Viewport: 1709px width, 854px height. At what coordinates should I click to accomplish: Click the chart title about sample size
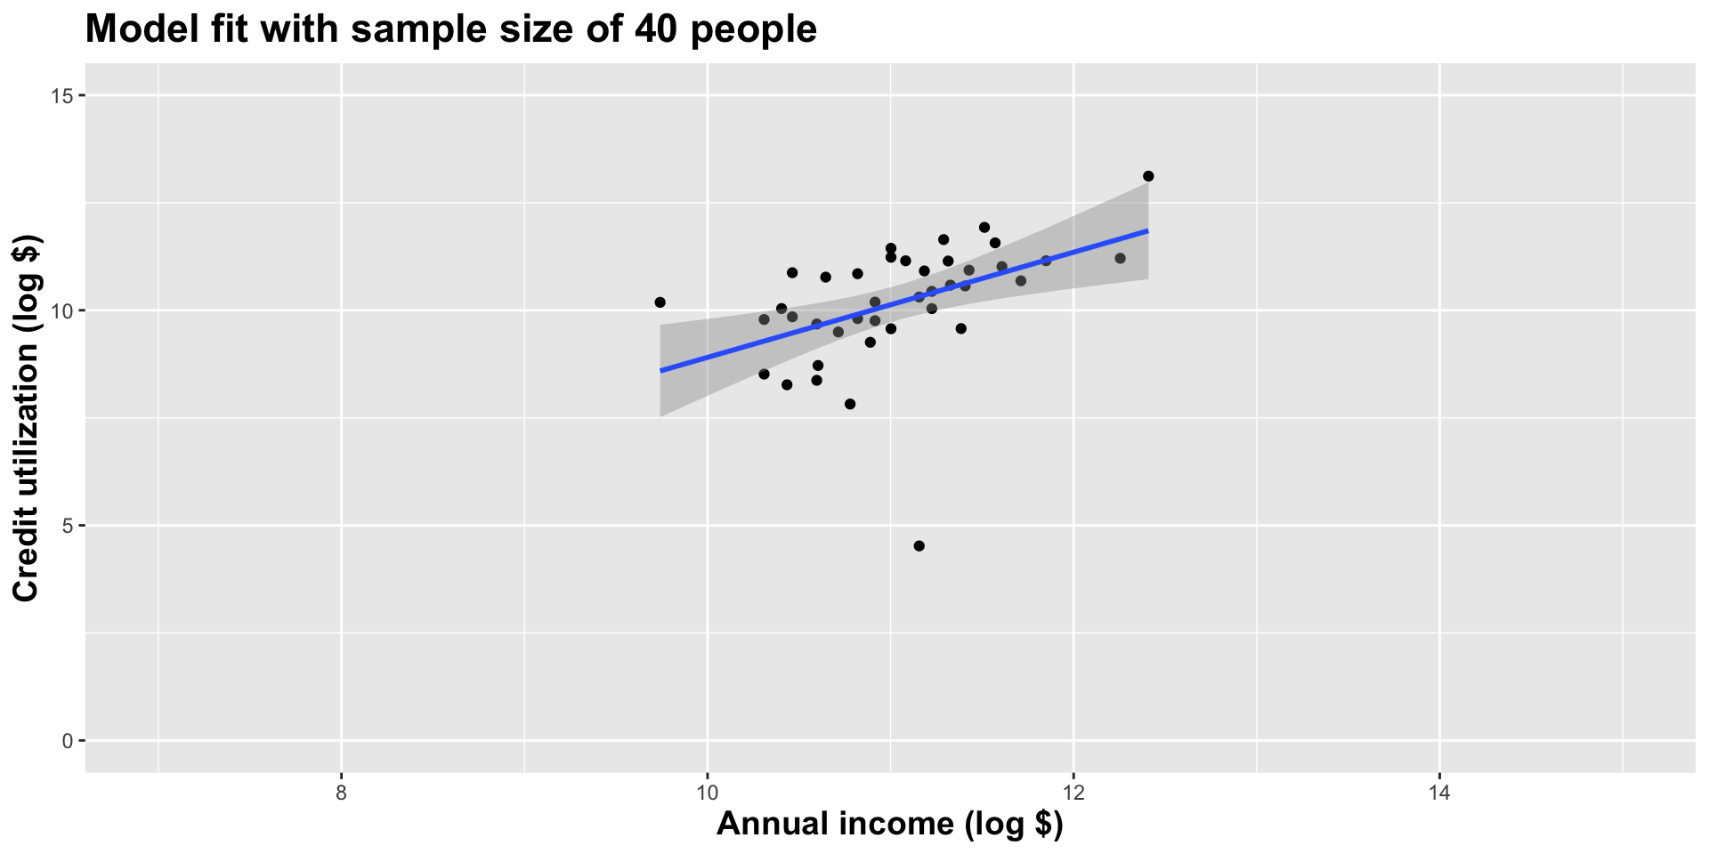450,30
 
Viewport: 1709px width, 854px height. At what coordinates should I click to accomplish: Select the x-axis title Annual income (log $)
889,825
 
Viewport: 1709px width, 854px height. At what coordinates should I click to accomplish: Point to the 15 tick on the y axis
63,96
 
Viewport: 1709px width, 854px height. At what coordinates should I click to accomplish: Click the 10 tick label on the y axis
63,310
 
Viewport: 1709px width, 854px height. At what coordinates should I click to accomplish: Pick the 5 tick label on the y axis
68,526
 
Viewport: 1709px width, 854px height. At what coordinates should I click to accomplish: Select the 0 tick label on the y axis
68,741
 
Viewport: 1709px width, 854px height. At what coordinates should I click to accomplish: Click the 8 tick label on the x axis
342,793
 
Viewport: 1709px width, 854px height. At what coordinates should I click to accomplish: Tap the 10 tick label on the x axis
708,793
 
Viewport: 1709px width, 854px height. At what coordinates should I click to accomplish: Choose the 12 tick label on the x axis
1073,793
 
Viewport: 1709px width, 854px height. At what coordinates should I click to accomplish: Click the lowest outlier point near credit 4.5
919,546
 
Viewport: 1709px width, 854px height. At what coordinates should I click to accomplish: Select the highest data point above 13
1148,176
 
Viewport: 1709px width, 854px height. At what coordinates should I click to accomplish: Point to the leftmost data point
660,302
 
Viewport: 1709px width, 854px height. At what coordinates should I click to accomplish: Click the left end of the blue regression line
661,370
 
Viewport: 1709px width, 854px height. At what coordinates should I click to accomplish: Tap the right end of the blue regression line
1147,230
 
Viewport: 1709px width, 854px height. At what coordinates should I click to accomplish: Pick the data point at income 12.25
1120,258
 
